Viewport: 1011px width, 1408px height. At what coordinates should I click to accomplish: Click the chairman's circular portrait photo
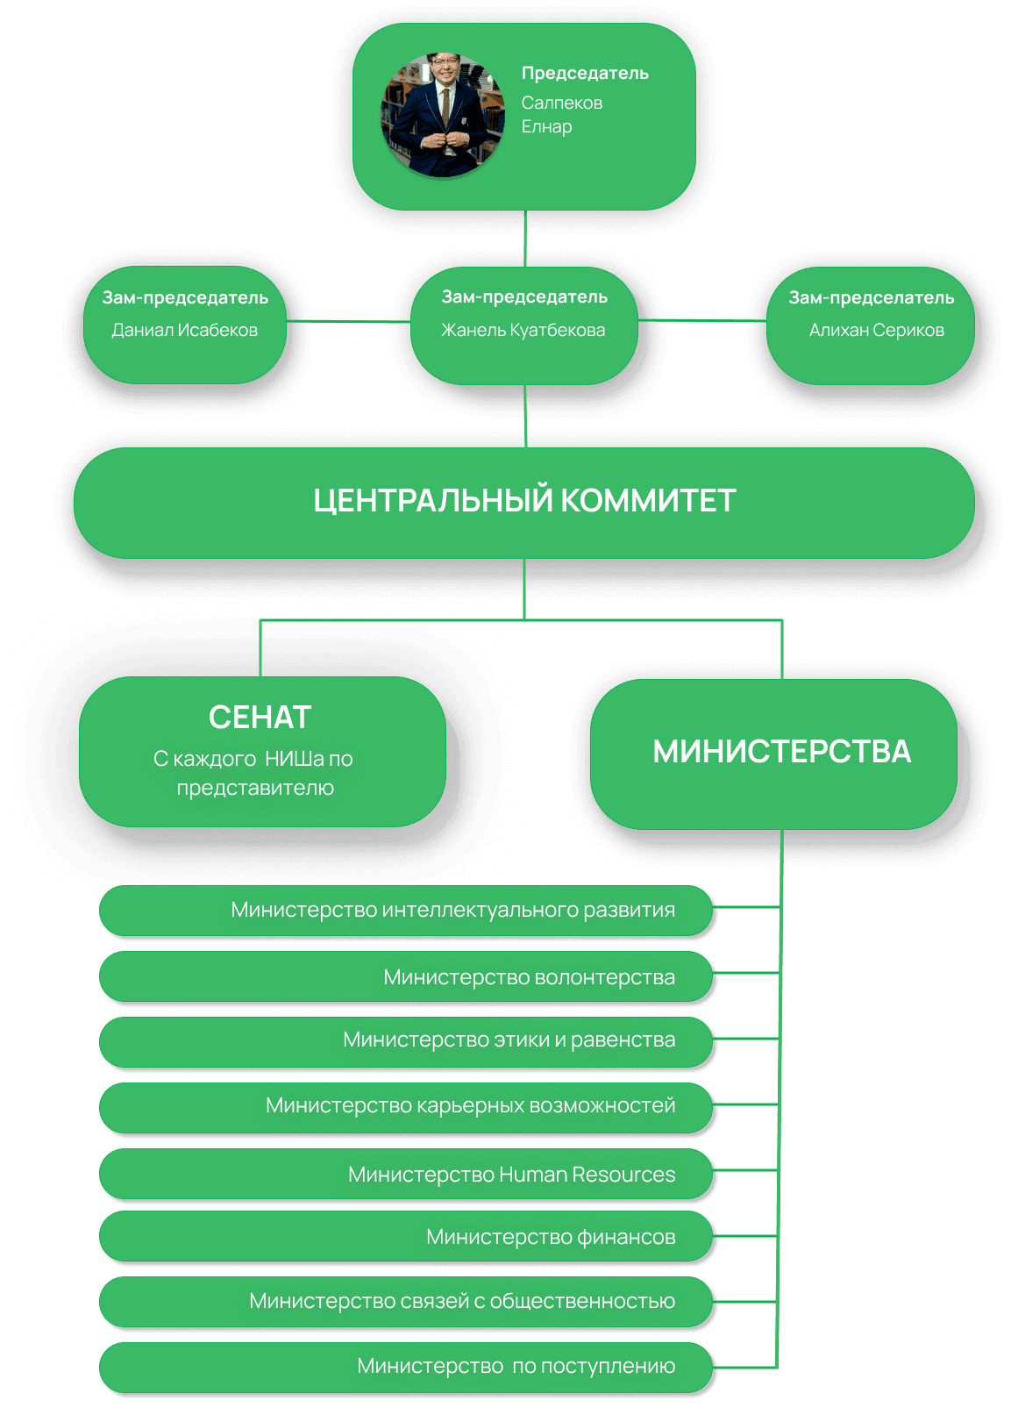pyautogui.click(x=443, y=115)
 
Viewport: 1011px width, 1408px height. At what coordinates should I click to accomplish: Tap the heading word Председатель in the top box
pyautogui.click(x=585, y=74)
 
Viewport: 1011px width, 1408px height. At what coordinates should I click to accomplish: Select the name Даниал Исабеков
pyautogui.click(x=184, y=331)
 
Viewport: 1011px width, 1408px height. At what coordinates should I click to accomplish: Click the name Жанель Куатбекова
pyautogui.click(x=523, y=331)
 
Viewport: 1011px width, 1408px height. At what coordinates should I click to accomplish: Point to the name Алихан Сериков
pyautogui.click(x=876, y=331)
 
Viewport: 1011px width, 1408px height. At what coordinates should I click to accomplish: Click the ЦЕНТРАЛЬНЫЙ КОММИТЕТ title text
pyautogui.click(x=524, y=501)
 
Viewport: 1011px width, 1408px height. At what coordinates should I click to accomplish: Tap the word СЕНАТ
pyautogui.click(x=260, y=718)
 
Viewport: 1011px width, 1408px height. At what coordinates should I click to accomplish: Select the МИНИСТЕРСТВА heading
pyautogui.click(x=782, y=752)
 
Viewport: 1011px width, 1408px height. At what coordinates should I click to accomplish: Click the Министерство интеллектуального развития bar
pyautogui.click(x=407, y=911)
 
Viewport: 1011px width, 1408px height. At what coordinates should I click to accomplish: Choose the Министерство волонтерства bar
pyautogui.click(x=407, y=977)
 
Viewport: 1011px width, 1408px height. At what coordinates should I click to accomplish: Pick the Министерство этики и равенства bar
pyautogui.click(x=407, y=1040)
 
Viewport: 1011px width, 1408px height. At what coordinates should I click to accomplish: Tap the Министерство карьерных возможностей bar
pyautogui.click(x=407, y=1106)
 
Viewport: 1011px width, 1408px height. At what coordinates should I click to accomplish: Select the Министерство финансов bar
pyautogui.click(x=407, y=1237)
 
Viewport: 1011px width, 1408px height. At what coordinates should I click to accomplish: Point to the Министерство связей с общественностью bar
pyautogui.click(x=407, y=1301)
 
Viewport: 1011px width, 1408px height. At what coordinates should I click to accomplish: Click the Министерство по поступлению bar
pyautogui.click(x=407, y=1366)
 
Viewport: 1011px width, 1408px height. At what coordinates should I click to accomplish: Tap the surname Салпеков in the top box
pyautogui.click(x=562, y=104)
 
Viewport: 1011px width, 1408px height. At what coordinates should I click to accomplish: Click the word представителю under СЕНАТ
pyautogui.click(x=255, y=788)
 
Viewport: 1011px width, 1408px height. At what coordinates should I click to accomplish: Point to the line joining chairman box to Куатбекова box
pyautogui.click(x=525, y=239)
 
